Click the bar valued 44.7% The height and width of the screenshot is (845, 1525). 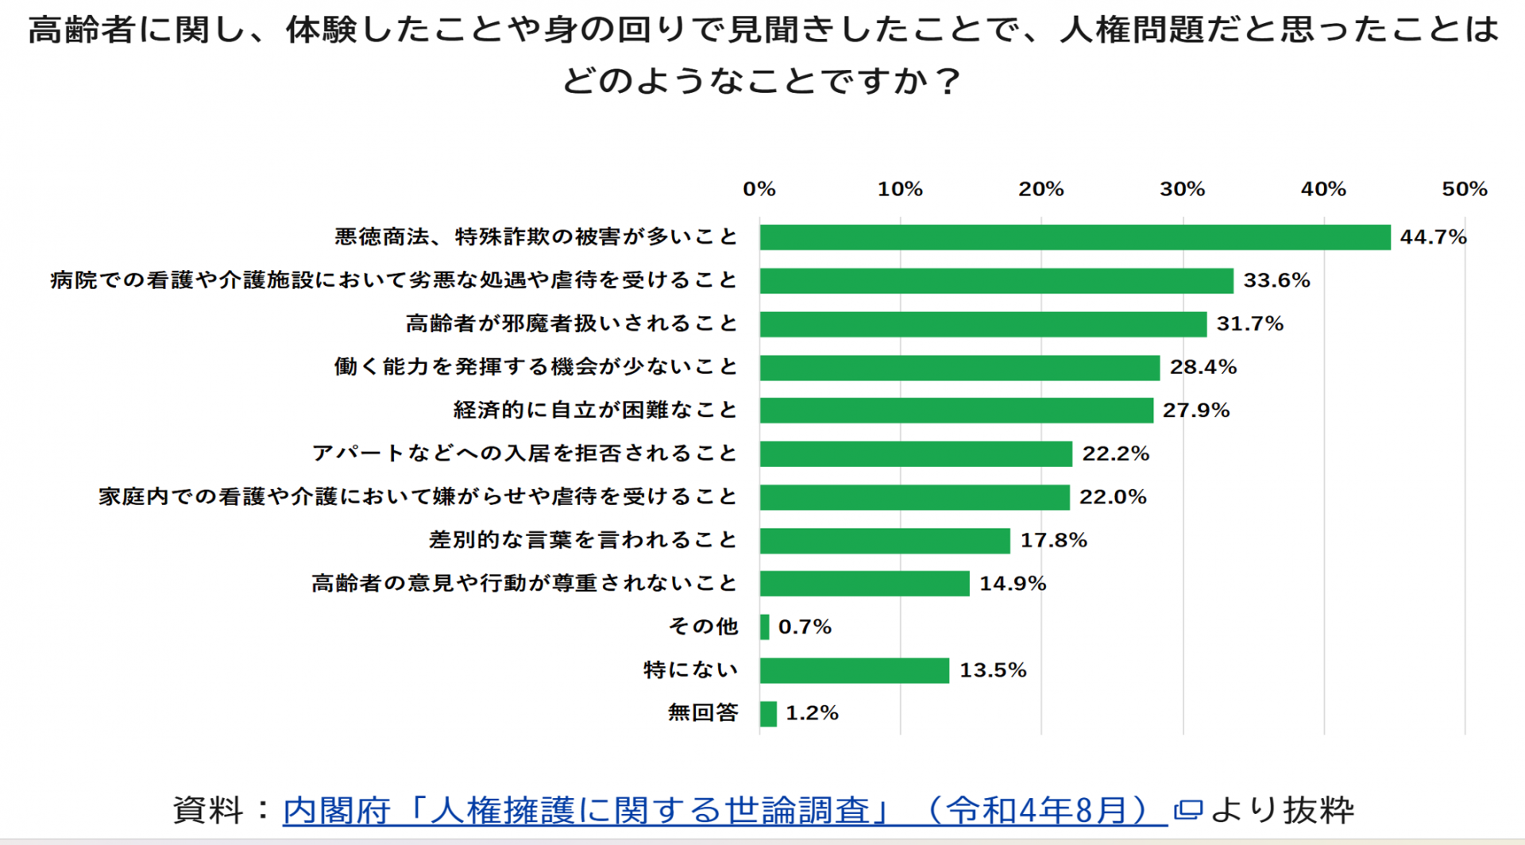click(x=1075, y=237)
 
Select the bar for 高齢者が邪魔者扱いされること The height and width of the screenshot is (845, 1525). click(x=983, y=324)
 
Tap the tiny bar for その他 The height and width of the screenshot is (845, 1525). click(x=765, y=627)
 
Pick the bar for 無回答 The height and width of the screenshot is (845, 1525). click(x=768, y=713)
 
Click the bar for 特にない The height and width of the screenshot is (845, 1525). click(x=854, y=670)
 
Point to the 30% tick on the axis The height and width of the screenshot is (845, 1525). click(x=1182, y=189)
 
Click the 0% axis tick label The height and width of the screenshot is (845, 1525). click(x=759, y=189)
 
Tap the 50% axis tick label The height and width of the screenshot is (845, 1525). click(x=1465, y=189)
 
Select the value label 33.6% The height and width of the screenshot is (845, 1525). click(x=1276, y=280)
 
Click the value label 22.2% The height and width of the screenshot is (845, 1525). click(x=1116, y=453)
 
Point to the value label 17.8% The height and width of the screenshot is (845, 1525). click(x=1053, y=540)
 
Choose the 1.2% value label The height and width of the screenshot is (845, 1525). click(x=812, y=713)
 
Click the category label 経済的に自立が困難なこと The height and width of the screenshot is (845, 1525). click(x=596, y=410)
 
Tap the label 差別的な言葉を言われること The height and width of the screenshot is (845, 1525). click(x=584, y=540)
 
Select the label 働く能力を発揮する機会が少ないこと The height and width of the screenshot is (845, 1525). click(x=536, y=367)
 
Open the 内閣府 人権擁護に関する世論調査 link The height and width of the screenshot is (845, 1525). click(x=724, y=810)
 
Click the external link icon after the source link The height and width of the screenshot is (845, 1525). click(x=1187, y=810)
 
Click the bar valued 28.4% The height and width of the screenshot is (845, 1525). click(x=959, y=367)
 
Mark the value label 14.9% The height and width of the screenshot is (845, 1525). click(x=1013, y=584)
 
